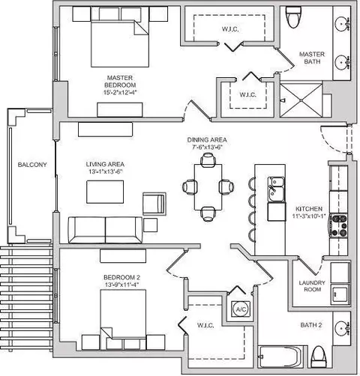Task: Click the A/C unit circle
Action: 241,309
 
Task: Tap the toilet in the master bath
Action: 294,17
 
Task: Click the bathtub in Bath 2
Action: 281,357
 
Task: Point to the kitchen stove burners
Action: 338,225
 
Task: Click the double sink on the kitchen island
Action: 276,189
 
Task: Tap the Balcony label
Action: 32,165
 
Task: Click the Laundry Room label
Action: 312,286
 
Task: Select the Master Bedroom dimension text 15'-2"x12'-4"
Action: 121,92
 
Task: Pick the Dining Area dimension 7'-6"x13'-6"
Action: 207,148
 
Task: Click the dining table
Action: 208,187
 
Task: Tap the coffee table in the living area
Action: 105,192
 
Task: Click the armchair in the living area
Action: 154,204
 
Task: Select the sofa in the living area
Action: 105,230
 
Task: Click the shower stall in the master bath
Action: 301,100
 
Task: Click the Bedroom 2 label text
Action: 121,277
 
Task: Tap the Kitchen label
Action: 309,209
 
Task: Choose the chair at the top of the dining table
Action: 208,160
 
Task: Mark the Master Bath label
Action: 312,58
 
